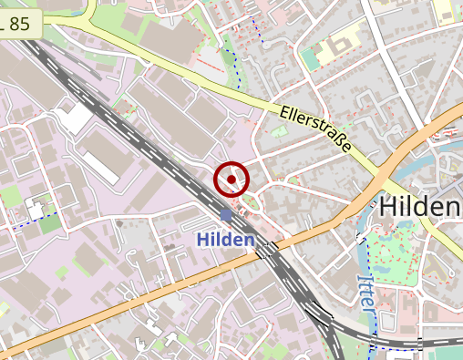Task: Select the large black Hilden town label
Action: [418, 207]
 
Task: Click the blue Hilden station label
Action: [224, 239]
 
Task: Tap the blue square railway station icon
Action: [225, 214]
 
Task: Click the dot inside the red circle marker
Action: [231, 180]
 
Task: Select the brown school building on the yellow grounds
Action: [344, 42]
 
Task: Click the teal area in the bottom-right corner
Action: [445, 354]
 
